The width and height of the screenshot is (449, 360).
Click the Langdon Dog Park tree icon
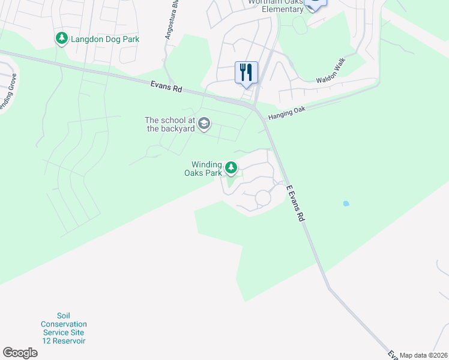(x=61, y=39)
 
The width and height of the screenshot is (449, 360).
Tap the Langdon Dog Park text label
(x=105, y=40)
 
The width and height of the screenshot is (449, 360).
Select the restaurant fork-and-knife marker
(x=246, y=73)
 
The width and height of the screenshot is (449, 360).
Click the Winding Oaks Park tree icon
(x=231, y=168)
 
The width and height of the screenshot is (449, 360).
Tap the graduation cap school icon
(x=203, y=124)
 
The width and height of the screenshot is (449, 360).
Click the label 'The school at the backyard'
(x=170, y=124)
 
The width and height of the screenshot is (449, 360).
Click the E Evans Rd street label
(x=294, y=205)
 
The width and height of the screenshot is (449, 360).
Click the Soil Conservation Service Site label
(x=64, y=328)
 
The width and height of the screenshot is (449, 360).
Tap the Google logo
(x=20, y=353)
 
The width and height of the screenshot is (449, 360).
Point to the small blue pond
(x=346, y=204)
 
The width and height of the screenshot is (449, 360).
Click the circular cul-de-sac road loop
(x=263, y=197)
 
